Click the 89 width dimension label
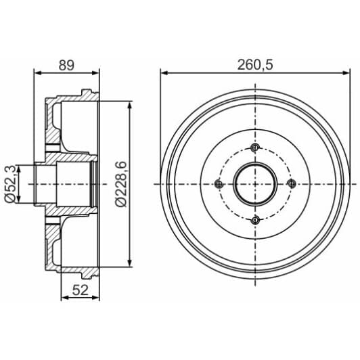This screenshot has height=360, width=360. point(66,65)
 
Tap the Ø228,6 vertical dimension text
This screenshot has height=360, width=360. point(121,184)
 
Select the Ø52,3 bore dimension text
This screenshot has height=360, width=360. point(9,184)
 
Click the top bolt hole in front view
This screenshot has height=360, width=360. point(254,148)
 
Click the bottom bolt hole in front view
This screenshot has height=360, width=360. point(254,219)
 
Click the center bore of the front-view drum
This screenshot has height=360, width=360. point(254,183)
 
